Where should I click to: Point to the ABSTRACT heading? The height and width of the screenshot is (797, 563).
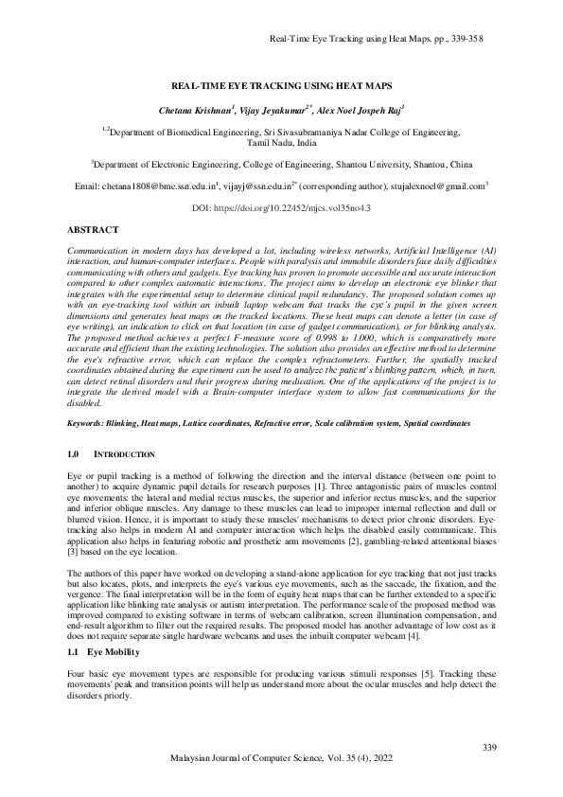[x=93, y=230]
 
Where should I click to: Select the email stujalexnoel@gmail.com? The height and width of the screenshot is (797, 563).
[x=437, y=186]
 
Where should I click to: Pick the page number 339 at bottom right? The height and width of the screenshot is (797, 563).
[x=488, y=750]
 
